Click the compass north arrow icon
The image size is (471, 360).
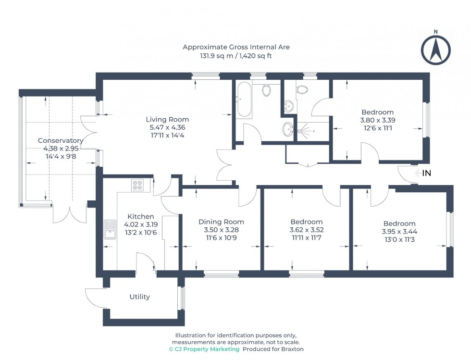pyautogui.click(x=435, y=49)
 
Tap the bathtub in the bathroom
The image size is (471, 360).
pyautogui.click(x=244, y=99)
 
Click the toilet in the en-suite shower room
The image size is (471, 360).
pyautogui.click(x=302, y=89)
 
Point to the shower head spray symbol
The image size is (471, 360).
pyautogui.click(x=303, y=130)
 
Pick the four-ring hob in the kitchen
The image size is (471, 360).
pyautogui.click(x=137, y=185)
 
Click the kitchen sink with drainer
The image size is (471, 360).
pyautogui.click(x=110, y=229)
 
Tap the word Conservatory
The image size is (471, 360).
pyautogui.click(x=61, y=141)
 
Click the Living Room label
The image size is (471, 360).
pyautogui.click(x=167, y=119)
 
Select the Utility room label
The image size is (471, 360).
pyautogui.click(x=139, y=297)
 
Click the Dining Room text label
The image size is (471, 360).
pyautogui.click(x=221, y=222)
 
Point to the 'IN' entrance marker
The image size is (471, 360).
pyautogui.click(x=426, y=173)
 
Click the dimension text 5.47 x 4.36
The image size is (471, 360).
pyautogui.click(x=167, y=127)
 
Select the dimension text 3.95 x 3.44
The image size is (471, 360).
pyautogui.click(x=399, y=232)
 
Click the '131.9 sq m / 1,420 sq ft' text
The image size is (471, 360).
pyautogui.click(x=236, y=56)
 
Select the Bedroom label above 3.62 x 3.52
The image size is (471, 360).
pyautogui.click(x=306, y=222)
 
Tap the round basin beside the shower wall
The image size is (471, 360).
pyautogui.click(x=288, y=128)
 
